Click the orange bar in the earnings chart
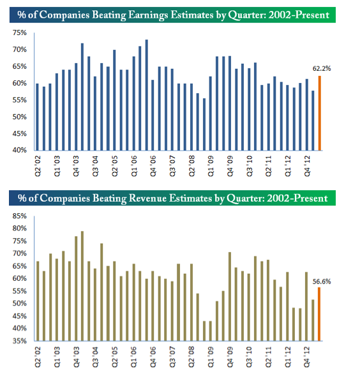coord(319,113)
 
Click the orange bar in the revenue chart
coord(319,314)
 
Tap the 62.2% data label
coord(322,68)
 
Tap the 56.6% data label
coord(322,282)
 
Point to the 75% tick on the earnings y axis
coord(20,33)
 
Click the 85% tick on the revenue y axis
coord(20,216)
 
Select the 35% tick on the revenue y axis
coord(20,341)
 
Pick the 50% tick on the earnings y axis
coord(20,117)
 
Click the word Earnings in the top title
coord(148,15)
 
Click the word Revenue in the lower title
coord(147,198)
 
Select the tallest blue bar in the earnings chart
coord(147,95)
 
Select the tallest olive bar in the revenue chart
coord(82,286)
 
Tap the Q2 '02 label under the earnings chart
coord(38,166)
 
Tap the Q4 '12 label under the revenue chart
coord(307,357)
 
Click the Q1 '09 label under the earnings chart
coord(211,166)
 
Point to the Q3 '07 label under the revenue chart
coord(172,357)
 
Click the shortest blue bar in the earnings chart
coord(204,124)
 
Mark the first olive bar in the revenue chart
coord(38,301)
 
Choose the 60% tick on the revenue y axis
coord(20,278)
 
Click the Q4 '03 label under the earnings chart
coord(76,166)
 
